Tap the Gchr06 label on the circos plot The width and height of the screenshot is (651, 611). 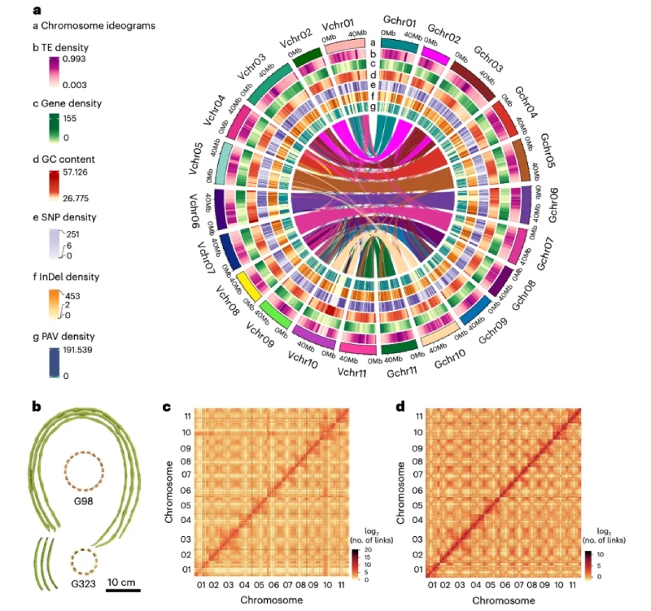coord(553,204)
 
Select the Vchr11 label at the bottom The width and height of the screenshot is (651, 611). coord(352,373)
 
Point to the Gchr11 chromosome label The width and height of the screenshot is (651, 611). coord(404,373)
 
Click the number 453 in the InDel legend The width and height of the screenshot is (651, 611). coord(71,298)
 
